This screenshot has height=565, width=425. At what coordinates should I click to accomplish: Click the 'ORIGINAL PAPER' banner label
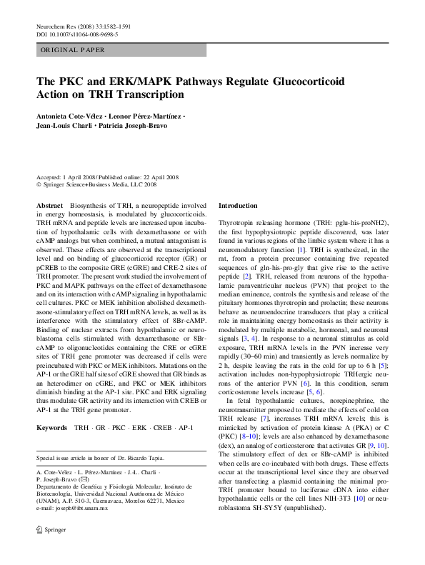tap(74, 50)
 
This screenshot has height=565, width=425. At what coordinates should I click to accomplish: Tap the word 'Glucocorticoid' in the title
tap(304, 81)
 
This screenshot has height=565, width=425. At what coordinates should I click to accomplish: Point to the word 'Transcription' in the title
tap(144, 94)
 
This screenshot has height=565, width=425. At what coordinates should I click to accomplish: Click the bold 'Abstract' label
tap(50, 205)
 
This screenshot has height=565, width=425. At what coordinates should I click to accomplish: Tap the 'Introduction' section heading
tap(238, 205)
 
